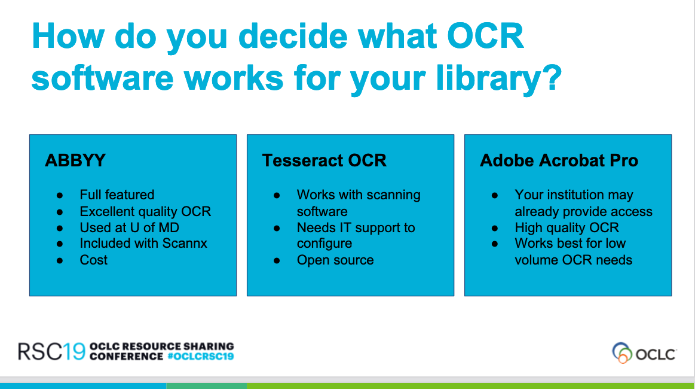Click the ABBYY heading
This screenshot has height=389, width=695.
[x=75, y=160]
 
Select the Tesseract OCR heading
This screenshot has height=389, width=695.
[x=324, y=160]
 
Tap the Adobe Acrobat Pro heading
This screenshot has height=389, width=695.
[x=559, y=160]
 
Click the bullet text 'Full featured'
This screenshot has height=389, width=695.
[x=117, y=194]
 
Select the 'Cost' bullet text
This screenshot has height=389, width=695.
[x=94, y=260]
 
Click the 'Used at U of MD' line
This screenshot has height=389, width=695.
[x=130, y=227]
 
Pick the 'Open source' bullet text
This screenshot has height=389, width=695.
[x=335, y=260]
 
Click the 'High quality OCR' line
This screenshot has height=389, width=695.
[x=567, y=227]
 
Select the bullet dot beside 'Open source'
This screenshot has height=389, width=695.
[x=277, y=261]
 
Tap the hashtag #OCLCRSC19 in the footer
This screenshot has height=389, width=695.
[x=201, y=357]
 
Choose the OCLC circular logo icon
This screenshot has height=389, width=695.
[x=622, y=352]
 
